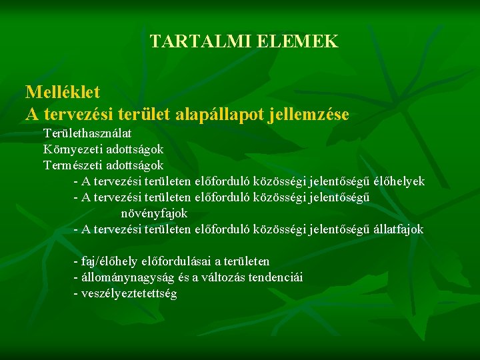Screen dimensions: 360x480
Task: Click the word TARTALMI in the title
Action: (x=190, y=42)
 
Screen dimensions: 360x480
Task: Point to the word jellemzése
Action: (x=308, y=114)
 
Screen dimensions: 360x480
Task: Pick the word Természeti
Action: (x=75, y=164)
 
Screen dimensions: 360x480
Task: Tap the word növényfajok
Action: (x=154, y=213)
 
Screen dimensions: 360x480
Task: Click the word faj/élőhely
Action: (x=110, y=261)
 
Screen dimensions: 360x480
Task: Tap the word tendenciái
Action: (x=275, y=277)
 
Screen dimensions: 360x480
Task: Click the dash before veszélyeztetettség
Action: (x=75, y=293)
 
